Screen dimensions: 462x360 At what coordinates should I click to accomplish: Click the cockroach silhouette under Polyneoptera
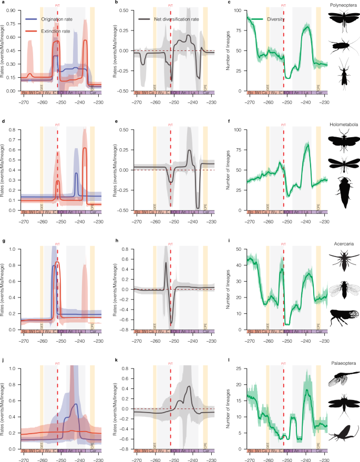pos(343,46)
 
